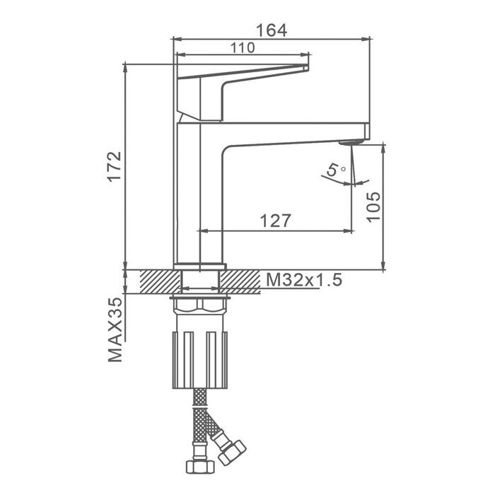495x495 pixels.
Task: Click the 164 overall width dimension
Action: (271, 30)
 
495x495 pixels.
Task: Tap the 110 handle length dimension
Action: (243, 47)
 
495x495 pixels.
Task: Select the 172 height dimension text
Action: (115, 166)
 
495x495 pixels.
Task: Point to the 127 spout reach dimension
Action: (275, 221)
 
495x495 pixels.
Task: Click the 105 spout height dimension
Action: (374, 206)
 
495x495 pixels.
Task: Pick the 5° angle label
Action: (336, 170)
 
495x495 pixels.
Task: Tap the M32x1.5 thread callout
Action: (304, 280)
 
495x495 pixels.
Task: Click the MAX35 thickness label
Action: (115, 330)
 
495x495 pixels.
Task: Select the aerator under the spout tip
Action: (350, 143)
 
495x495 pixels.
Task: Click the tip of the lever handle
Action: (308, 67)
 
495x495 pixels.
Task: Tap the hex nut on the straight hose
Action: (200, 467)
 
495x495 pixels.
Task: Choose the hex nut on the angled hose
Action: (232, 453)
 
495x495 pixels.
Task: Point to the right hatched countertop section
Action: (240, 281)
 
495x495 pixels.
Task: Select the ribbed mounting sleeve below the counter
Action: (200, 360)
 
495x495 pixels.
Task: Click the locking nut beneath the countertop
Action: (200, 305)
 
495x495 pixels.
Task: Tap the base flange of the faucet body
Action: (200, 267)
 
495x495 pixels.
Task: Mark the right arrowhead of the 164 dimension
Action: (366, 39)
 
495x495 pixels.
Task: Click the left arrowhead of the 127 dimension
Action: (202, 231)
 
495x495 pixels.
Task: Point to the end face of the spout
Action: (367, 132)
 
